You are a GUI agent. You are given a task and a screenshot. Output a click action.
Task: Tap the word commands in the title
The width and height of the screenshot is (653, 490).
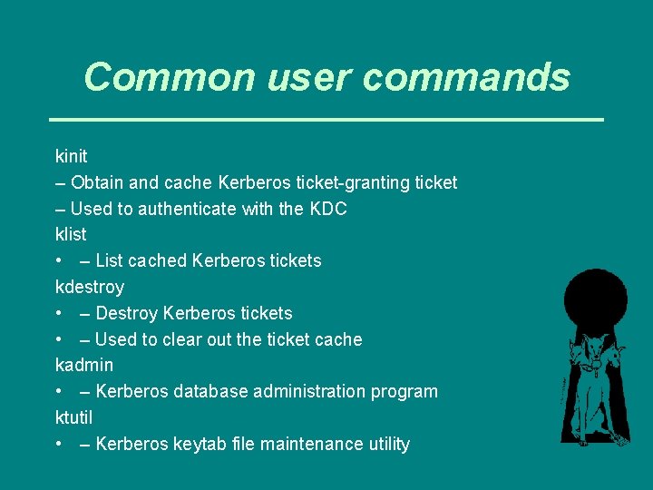click(467, 78)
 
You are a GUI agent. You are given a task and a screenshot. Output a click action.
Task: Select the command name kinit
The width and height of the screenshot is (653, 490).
click(72, 156)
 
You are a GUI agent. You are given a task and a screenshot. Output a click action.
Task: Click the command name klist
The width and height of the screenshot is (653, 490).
click(71, 234)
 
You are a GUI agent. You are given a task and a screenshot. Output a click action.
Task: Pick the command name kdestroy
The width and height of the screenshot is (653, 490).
click(90, 287)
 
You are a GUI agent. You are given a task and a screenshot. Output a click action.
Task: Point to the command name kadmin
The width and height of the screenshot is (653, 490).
click(84, 365)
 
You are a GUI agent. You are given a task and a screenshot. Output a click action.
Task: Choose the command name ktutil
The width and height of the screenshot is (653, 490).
click(74, 417)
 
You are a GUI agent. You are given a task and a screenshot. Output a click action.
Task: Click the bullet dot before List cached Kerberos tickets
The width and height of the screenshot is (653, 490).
click(58, 260)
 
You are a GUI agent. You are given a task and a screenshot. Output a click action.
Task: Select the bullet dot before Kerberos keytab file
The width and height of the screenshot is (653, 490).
click(58, 444)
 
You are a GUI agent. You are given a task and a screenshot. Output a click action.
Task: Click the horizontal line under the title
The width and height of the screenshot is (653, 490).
click(326, 119)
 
